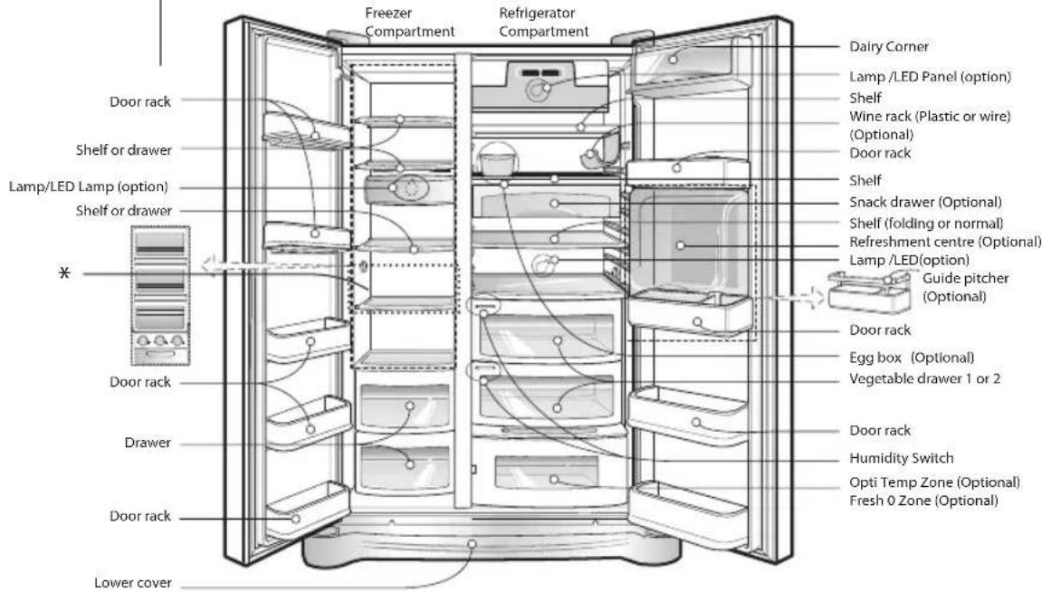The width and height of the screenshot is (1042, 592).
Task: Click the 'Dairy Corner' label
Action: click(x=888, y=46)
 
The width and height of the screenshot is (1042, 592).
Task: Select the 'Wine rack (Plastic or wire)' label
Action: click(x=930, y=116)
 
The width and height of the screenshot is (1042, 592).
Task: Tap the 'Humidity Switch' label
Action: click(x=901, y=458)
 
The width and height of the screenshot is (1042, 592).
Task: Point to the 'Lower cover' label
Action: click(x=133, y=583)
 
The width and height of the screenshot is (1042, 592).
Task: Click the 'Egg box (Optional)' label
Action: click(x=912, y=358)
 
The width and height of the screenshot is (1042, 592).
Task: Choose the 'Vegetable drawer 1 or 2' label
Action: click(x=924, y=378)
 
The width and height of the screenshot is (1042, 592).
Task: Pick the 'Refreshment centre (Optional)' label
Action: click(x=945, y=242)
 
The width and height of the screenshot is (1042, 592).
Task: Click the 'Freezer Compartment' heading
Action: click(x=409, y=22)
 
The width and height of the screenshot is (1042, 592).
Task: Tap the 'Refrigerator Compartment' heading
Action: click(x=543, y=22)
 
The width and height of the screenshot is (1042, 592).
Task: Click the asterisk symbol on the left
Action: click(x=64, y=272)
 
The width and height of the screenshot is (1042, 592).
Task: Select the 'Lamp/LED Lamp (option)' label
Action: click(x=89, y=186)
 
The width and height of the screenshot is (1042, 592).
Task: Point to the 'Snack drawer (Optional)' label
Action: click(x=925, y=202)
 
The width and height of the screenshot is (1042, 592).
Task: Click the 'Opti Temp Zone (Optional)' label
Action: click(x=934, y=482)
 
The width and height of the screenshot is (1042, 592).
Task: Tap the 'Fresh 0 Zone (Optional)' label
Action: click(x=923, y=501)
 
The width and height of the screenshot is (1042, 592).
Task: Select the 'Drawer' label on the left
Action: click(x=148, y=443)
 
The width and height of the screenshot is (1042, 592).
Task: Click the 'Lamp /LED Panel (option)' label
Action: click(x=930, y=76)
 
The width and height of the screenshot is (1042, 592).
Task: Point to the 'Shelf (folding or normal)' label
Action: click(x=926, y=224)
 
